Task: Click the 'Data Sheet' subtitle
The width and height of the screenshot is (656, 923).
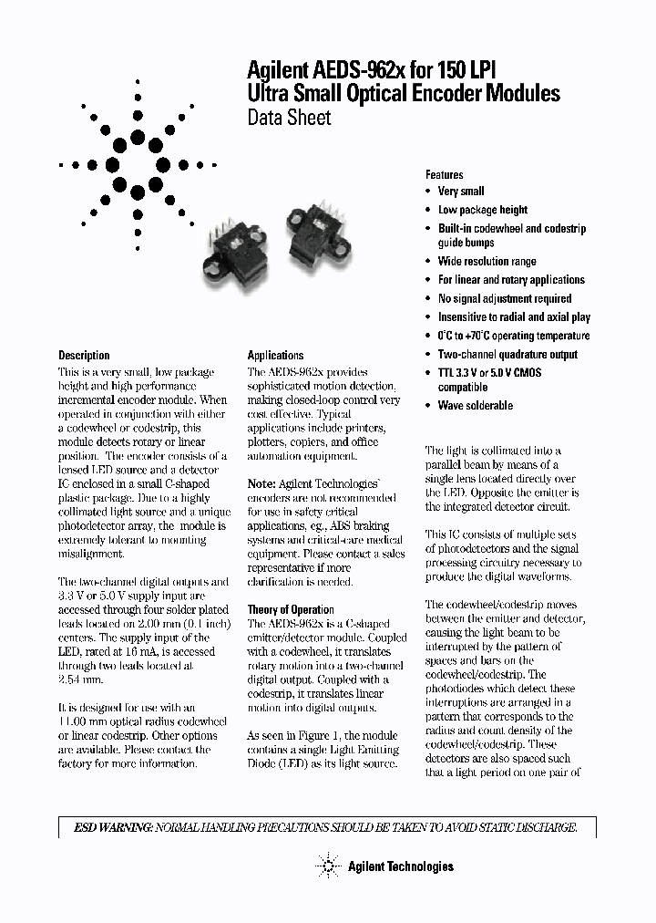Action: (289, 118)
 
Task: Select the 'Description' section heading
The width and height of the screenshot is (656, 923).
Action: (84, 355)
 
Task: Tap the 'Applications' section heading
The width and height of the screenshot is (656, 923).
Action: (275, 355)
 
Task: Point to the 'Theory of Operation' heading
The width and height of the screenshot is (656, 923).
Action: (291, 609)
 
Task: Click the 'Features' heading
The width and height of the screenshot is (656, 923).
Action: (444, 174)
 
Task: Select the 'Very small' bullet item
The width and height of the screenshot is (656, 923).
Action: (461, 192)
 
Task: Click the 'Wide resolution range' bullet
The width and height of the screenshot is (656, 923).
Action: (487, 262)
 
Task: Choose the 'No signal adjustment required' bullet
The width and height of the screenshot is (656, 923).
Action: (505, 298)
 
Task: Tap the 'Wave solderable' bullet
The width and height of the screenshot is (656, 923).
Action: (475, 406)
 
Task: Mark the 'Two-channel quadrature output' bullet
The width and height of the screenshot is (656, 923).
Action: (507, 354)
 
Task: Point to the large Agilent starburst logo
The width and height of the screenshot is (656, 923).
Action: (138, 165)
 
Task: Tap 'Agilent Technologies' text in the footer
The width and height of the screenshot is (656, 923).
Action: (400, 866)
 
